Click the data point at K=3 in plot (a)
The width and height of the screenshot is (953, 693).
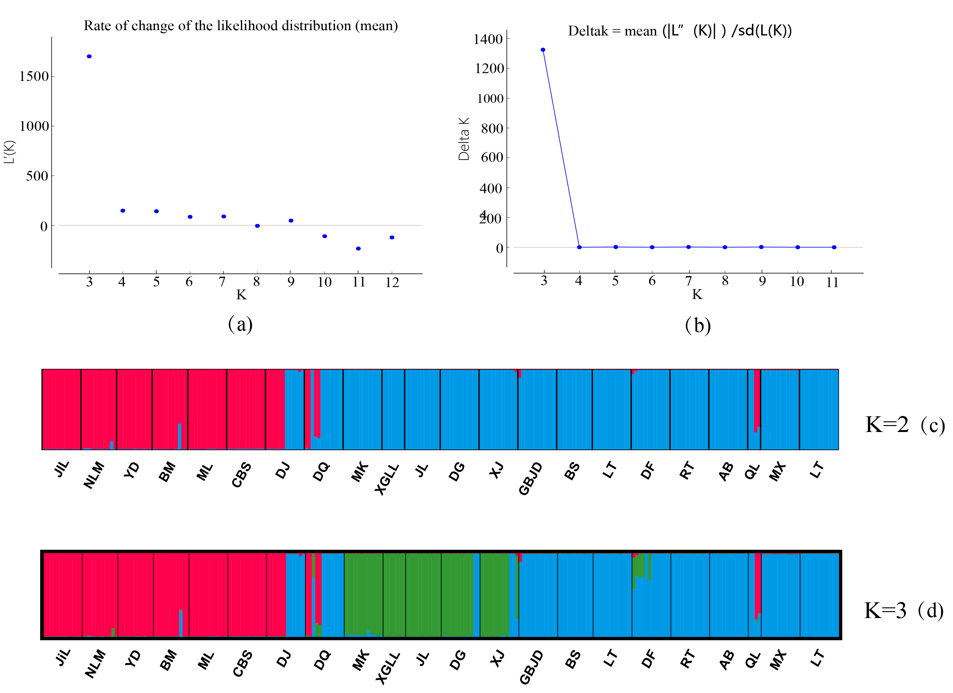(89, 56)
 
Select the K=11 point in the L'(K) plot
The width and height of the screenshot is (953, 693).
(358, 249)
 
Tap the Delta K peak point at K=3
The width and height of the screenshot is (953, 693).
(543, 50)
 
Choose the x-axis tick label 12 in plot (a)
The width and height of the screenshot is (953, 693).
(392, 282)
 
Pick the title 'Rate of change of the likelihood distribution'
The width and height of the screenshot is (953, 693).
(240, 26)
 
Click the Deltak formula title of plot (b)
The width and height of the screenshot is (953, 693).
(679, 31)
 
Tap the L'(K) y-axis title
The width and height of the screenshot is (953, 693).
(9, 152)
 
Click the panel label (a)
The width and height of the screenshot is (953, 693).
(240, 324)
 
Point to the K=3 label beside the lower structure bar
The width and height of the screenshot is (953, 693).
(885, 610)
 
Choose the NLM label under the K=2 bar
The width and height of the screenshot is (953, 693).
(94, 475)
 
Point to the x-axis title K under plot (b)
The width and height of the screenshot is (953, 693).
(697, 295)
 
